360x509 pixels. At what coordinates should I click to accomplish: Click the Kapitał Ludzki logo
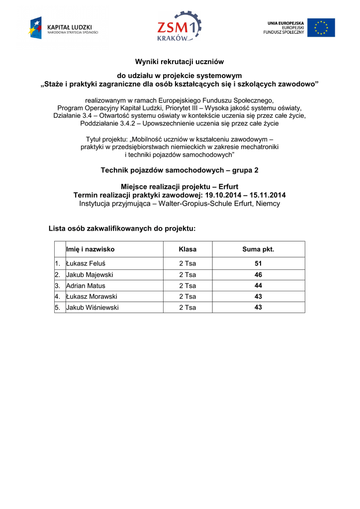tap(64, 28)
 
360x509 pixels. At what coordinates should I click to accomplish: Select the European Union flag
tap(321, 28)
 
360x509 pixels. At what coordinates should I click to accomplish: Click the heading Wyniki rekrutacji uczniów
tap(180, 62)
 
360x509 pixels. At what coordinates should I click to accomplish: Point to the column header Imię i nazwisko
tap(90, 249)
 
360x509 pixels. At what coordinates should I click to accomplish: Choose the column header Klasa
tap(187, 249)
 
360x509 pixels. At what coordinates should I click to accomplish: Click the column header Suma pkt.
tap(258, 249)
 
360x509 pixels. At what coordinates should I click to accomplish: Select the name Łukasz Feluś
tap(86, 264)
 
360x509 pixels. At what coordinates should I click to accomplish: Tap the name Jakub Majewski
tap(90, 275)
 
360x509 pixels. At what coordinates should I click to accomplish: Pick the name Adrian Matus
tap(86, 286)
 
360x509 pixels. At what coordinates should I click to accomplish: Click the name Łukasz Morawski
tap(91, 297)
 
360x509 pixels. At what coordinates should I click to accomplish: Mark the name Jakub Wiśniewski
tap(92, 308)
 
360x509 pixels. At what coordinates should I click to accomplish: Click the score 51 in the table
tap(258, 264)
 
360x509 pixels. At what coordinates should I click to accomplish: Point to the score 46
tap(258, 275)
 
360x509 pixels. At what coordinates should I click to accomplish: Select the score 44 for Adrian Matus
tap(258, 286)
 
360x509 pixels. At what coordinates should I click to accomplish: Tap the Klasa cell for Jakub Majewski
tap(187, 275)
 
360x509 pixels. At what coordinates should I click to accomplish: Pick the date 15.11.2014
tap(268, 195)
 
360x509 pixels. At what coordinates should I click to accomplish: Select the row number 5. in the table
tap(58, 308)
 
